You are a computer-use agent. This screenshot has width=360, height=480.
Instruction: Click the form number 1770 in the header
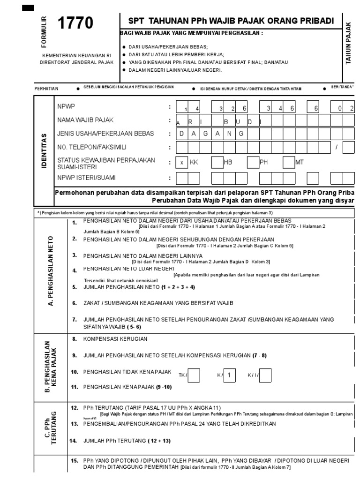[x=75, y=23]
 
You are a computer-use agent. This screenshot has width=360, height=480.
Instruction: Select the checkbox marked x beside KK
[x=181, y=163]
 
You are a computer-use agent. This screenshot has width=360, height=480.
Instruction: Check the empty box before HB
[x=217, y=163]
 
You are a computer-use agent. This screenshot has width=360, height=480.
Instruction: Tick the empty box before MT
[x=289, y=163]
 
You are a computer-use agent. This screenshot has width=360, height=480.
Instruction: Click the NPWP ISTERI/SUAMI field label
[x=86, y=178]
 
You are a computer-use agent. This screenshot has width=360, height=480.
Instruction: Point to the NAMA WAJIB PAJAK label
[x=85, y=120]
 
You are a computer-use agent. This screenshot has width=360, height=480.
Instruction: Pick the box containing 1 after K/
[x=229, y=375]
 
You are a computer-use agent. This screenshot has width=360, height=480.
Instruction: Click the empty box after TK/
[x=194, y=375]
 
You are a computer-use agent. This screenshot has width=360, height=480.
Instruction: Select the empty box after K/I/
[x=265, y=375]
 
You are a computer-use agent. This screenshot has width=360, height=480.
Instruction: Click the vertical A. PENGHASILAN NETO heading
[x=51, y=270]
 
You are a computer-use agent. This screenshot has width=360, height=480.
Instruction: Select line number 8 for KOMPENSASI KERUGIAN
[x=74, y=338]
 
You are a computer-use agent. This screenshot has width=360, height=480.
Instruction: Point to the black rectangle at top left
[x=28, y=7]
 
